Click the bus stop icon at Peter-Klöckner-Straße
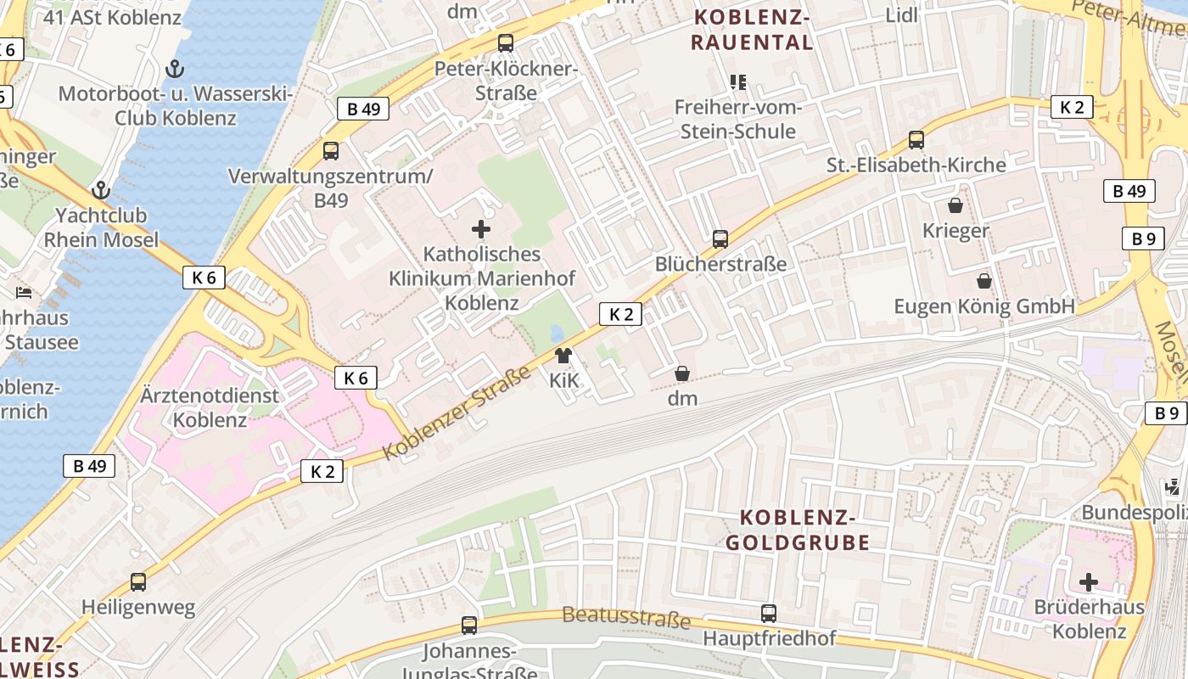(x=506, y=42)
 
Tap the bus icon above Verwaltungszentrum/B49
(x=331, y=151)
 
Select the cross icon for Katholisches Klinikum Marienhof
(x=481, y=229)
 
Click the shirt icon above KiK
(x=563, y=356)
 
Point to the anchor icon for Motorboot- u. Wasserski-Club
(x=175, y=68)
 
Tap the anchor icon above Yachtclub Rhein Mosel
(x=102, y=190)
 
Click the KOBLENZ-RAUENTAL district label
(x=751, y=30)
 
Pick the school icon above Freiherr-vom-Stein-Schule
(x=738, y=82)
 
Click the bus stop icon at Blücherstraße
(x=720, y=239)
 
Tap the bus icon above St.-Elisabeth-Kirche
(x=916, y=140)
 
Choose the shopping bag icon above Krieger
(x=955, y=205)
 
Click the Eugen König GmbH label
(x=984, y=306)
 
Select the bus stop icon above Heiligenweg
(x=138, y=582)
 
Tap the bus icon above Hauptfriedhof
(x=769, y=613)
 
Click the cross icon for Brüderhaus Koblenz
(x=1089, y=582)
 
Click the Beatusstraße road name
(x=625, y=617)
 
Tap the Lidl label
(x=902, y=15)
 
